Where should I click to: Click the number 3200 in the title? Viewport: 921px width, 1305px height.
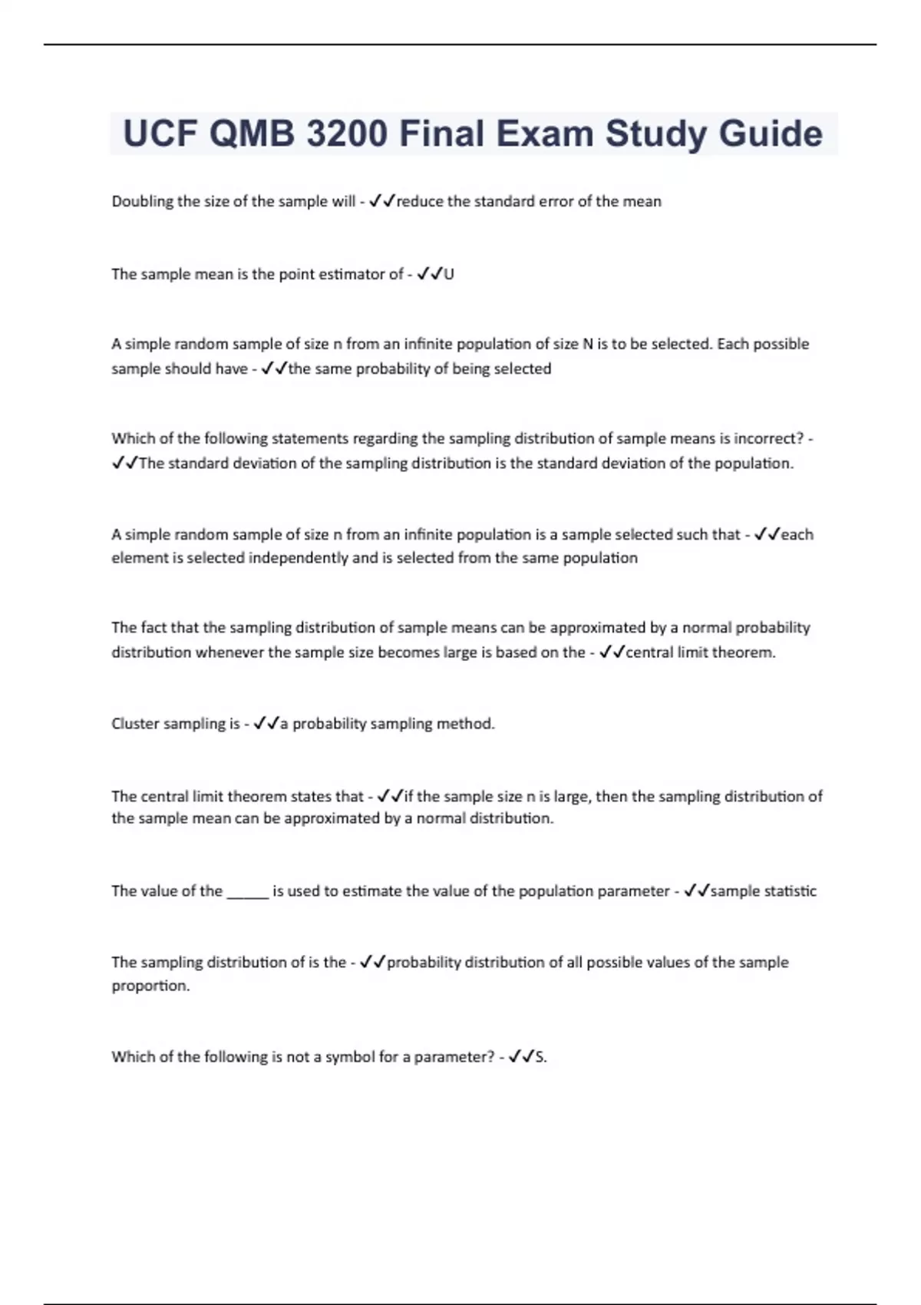(x=347, y=134)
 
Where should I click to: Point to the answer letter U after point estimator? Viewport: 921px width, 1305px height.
(x=449, y=275)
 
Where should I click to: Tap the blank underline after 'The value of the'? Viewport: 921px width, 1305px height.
(x=248, y=892)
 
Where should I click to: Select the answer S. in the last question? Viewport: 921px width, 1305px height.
(x=541, y=1057)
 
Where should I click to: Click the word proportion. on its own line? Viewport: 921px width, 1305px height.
(x=150, y=986)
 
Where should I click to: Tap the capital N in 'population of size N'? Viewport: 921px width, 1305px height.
(x=588, y=344)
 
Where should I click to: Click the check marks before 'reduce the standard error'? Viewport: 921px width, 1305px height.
(x=381, y=202)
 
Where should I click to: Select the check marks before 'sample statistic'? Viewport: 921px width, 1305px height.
(x=696, y=891)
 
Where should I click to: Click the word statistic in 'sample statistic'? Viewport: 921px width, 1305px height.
(x=787, y=891)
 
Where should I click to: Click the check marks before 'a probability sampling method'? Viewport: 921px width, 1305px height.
(x=266, y=724)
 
